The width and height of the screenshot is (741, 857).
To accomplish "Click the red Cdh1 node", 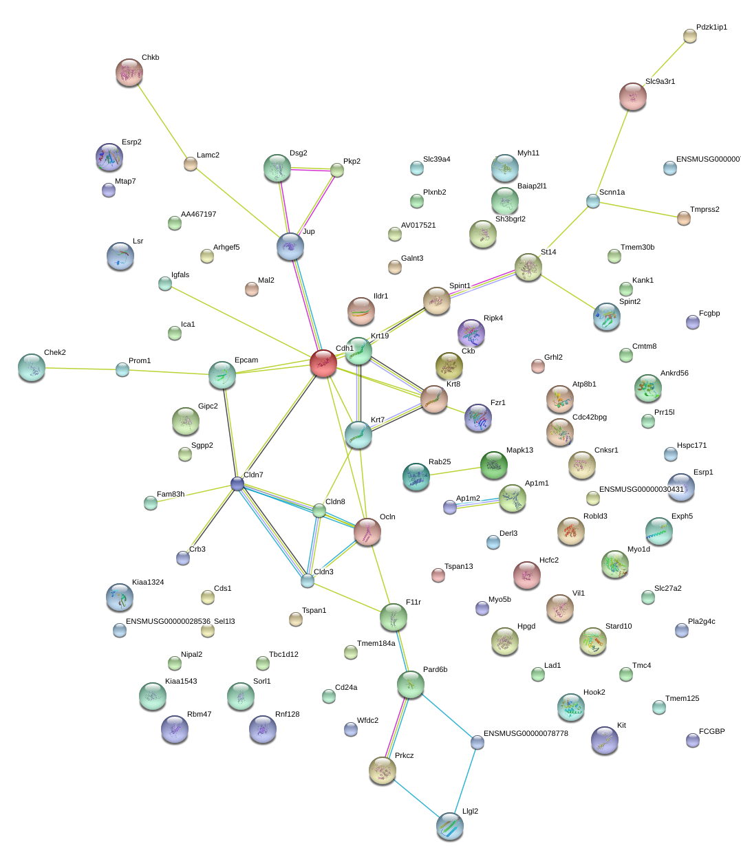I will pos(323,362).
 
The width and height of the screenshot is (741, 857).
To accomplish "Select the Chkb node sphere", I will pos(129,72).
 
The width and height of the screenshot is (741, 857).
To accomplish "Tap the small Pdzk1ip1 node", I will pos(689,36).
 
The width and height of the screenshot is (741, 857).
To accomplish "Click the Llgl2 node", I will pos(449,826).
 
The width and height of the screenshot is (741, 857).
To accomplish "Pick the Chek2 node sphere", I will pos(32,367).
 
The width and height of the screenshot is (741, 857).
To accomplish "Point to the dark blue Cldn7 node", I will pos(237,484).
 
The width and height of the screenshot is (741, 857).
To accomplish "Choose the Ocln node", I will pos(367,532).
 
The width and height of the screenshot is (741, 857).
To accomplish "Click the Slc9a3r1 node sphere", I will pos(632,96).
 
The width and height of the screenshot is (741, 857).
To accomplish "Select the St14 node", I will pos(528,268).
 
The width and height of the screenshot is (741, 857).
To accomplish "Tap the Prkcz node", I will pos(383,771).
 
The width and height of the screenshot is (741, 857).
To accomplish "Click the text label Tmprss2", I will pos(705,210).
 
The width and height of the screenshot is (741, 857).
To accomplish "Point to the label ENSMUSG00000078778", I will pos(526,734).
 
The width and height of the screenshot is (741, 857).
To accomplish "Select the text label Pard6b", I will pos(435,670).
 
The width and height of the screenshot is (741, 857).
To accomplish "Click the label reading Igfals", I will pos(180,275).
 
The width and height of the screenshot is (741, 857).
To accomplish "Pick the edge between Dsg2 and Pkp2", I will pos(314,169).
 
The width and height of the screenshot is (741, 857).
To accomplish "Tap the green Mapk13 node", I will pos(493,465).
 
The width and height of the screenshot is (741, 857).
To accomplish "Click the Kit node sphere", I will pos(604,740).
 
